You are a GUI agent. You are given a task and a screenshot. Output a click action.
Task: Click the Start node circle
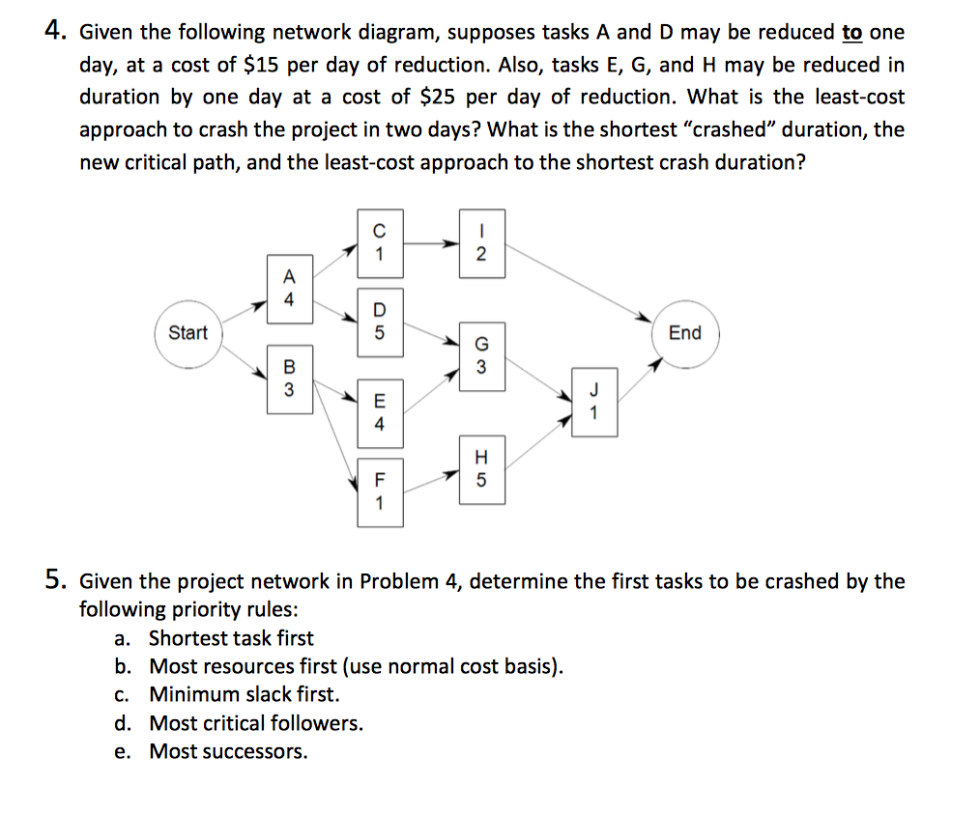pyautogui.click(x=187, y=333)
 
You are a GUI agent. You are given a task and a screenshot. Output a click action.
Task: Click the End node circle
pyautogui.click(x=684, y=333)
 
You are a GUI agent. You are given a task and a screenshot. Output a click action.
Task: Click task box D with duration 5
pyautogui.click(x=379, y=321)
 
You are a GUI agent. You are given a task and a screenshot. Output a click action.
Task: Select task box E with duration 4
pyautogui.click(x=379, y=411)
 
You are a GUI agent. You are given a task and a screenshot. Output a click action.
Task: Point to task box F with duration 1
pyautogui.click(x=379, y=491)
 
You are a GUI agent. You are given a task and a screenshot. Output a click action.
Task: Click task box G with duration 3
pyautogui.click(x=481, y=356)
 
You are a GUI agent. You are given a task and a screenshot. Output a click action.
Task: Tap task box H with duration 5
pyautogui.click(x=481, y=468)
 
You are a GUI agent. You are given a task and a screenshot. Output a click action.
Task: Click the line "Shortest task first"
pyautogui.click(x=232, y=638)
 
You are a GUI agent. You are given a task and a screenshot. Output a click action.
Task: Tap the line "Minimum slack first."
pyautogui.click(x=245, y=694)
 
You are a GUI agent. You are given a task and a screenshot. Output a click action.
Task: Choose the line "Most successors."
pyautogui.click(x=229, y=751)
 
